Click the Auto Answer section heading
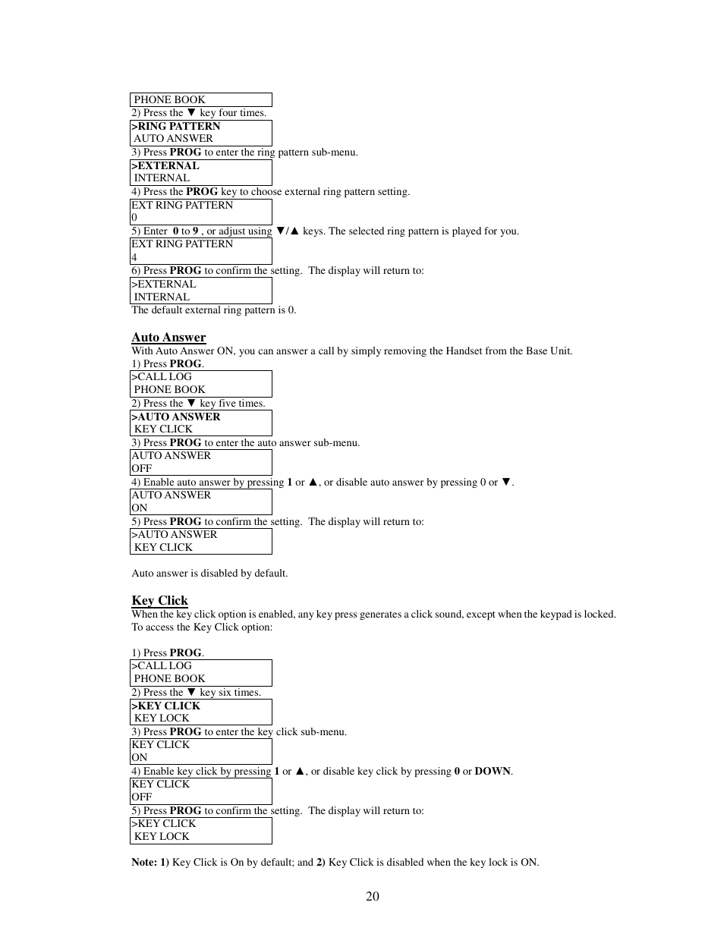click(168, 338)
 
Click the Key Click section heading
click(159, 600)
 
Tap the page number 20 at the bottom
click(372, 896)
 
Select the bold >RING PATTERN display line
click(175, 126)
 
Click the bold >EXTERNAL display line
click(165, 165)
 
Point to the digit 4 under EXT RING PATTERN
click(134, 257)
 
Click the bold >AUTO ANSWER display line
click(175, 417)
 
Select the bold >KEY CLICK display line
click(165, 706)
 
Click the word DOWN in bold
click(493, 771)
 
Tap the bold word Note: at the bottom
click(144, 862)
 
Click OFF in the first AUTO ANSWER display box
click(142, 468)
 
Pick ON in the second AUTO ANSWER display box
click(140, 508)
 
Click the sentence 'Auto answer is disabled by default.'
click(209, 573)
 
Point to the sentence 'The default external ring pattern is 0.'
click(213, 310)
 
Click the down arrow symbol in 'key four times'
click(191, 112)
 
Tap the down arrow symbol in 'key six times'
click(191, 692)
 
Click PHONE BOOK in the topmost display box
click(169, 99)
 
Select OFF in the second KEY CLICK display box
click(142, 797)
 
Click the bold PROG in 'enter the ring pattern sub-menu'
click(185, 152)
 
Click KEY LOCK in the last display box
click(162, 836)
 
